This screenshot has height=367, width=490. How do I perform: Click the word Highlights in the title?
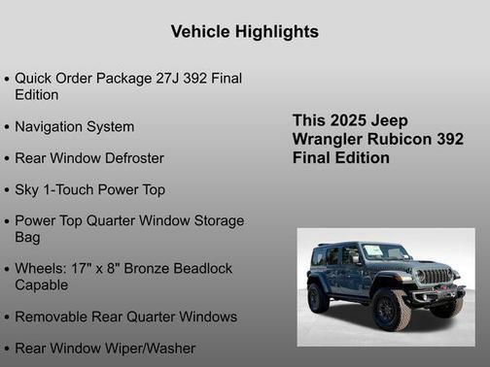click(273, 32)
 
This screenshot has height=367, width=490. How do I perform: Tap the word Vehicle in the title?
click(199, 32)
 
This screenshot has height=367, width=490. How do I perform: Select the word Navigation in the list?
click(51, 126)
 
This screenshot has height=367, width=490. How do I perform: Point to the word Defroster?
click(131, 157)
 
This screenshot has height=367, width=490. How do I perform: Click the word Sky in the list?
click(28, 189)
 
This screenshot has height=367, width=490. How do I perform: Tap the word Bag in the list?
click(27, 237)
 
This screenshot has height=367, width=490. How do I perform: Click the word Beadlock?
click(196, 269)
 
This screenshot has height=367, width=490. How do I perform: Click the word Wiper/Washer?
click(149, 348)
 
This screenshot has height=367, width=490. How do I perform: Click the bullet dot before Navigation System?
click(8, 127)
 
